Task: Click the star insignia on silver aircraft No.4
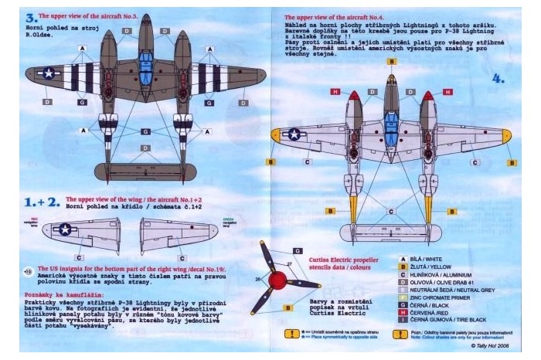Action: (x=296, y=134)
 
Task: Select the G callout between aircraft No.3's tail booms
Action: (x=146, y=132)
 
